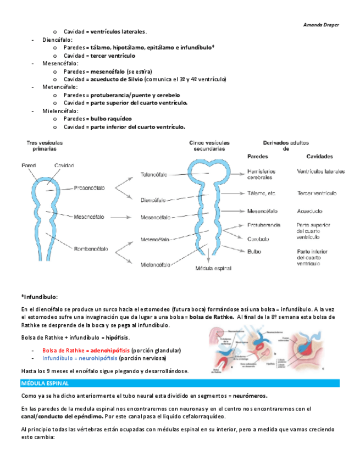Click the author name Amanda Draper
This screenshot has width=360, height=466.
tap(322, 25)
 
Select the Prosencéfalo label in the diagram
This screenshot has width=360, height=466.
tap(89, 188)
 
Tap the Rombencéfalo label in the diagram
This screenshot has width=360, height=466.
tap(91, 249)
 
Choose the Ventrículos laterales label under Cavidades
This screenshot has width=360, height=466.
tap(321, 171)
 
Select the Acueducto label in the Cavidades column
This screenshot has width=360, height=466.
tap(310, 210)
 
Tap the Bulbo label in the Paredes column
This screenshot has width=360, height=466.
tap(255, 251)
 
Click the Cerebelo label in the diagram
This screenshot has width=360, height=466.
tap(258, 239)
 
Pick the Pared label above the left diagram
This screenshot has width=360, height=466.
tap(29, 165)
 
